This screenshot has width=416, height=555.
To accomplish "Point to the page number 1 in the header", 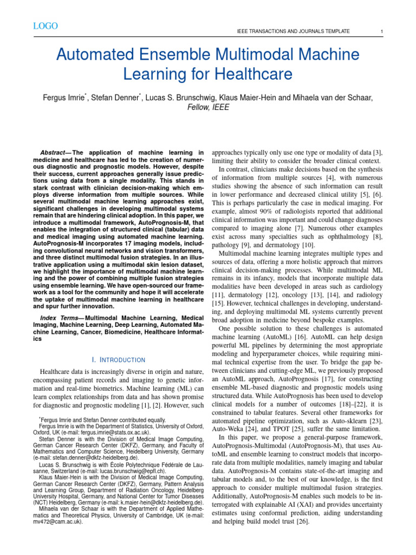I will click(x=382, y=32).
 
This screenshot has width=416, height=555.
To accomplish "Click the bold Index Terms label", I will click(x=61, y=317).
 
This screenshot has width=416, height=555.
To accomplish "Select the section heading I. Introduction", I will click(x=118, y=359).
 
